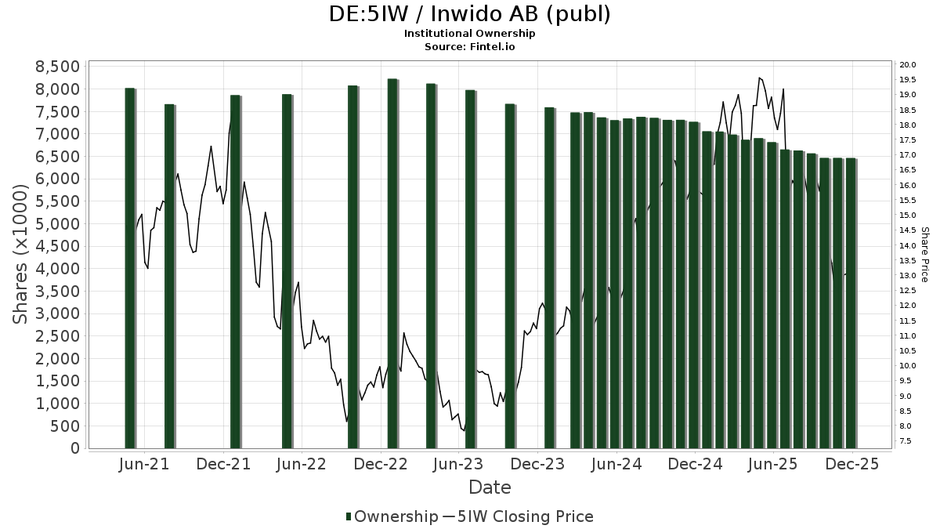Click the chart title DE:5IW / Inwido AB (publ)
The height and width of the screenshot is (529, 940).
point(469,14)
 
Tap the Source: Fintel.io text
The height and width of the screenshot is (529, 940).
point(469,46)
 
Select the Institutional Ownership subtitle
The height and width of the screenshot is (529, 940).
point(469,34)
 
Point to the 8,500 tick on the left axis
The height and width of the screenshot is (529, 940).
point(58,66)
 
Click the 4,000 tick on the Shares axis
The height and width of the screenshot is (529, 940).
point(58,269)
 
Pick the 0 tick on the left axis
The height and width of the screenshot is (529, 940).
point(75,448)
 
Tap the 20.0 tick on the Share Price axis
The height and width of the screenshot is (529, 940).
point(909,64)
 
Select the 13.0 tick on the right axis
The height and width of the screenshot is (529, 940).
point(909,275)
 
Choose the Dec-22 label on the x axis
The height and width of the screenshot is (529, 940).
point(381,465)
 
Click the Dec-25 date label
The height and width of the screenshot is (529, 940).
point(852,465)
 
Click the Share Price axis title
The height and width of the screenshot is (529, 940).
point(925,255)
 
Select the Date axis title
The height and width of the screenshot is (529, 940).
point(490,487)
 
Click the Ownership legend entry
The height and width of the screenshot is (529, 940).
point(392,516)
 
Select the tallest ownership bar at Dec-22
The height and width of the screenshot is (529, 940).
point(392,263)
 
